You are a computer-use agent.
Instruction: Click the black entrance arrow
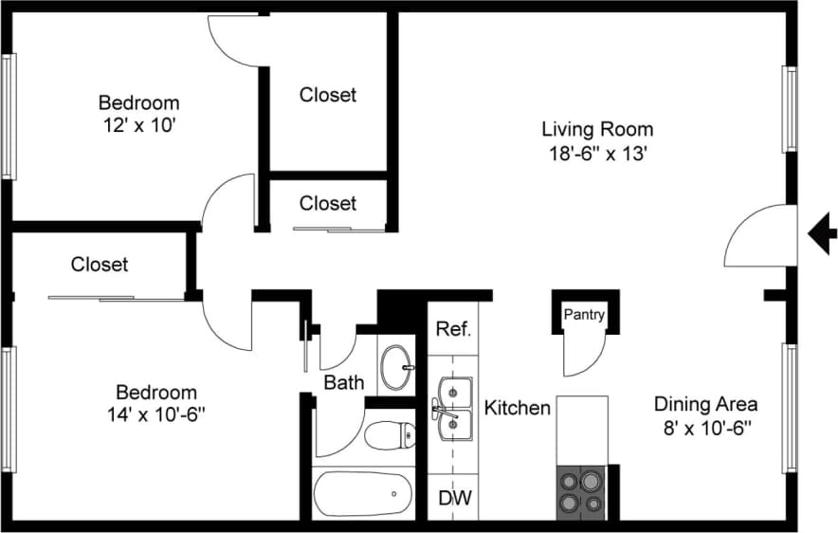coord(821,230)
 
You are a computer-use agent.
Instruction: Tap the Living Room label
coord(596,129)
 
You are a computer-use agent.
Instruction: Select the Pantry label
coord(584,315)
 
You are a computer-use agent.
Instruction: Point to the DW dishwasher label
coord(452,497)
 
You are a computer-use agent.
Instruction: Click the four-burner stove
coord(581,492)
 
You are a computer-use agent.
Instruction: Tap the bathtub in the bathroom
coord(363,493)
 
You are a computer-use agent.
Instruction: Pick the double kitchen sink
coord(455,408)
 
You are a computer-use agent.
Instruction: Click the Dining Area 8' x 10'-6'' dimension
coord(705,428)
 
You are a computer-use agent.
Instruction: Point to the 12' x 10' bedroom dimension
coord(138,125)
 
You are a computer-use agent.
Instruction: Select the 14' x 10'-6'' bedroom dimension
coord(155,414)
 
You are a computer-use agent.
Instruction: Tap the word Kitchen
coord(518,408)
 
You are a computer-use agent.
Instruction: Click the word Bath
coord(343,383)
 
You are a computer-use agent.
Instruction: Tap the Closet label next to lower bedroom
coord(100,265)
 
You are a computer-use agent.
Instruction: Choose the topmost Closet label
coord(328,95)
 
